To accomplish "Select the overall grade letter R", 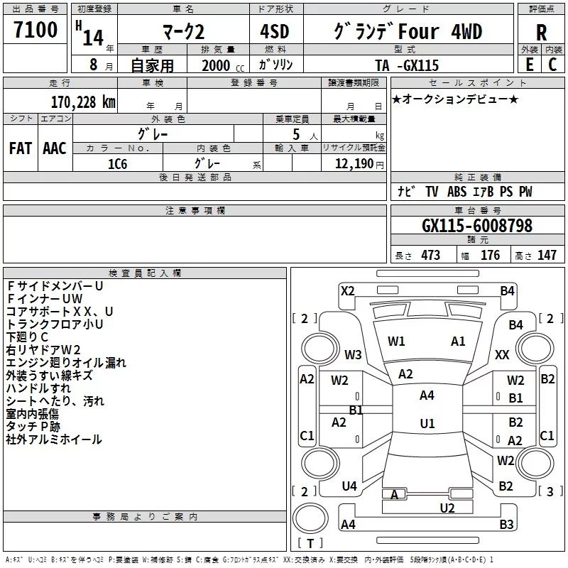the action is [x=541, y=33].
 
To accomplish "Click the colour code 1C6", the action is [x=117, y=164].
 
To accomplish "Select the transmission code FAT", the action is [x=20, y=148].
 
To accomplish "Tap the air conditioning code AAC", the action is [x=55, y=148].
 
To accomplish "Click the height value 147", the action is [x=547, y=256].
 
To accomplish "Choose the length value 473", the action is [x=430, y=256].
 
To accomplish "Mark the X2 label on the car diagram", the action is [x=348, y=290].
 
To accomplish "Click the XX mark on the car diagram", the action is [x=502, y=354].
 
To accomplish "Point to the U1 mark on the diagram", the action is [x=427, y=424].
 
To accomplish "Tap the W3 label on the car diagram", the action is [x=353, y=354].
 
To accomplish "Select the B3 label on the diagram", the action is [x=506, y=525].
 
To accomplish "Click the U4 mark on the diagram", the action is [x=349, y=486].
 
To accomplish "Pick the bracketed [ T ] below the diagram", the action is [x=310, y=544].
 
